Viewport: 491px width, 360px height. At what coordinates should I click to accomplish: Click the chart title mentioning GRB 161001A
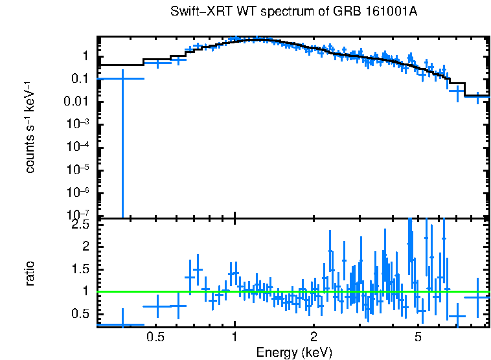(x=293, y=12)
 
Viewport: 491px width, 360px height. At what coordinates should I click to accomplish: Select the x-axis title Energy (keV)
(x=293, y=352)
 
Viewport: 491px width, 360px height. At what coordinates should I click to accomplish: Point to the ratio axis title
(x=30, y=274)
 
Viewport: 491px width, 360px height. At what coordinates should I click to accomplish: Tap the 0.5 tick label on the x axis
(x=154, y=337)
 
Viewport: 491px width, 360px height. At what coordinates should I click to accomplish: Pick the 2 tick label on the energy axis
(x=314, y=337)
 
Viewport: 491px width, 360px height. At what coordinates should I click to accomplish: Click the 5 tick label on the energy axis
(x=418, y=337)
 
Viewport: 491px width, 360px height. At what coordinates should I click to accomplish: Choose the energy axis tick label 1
(x=234, y=337)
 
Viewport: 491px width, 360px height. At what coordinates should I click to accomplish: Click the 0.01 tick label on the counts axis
(x=78, y=102)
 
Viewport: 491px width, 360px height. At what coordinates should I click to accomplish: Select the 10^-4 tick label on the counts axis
(x=78, y=147)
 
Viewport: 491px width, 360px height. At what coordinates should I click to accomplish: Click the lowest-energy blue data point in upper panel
(x=122, y=78)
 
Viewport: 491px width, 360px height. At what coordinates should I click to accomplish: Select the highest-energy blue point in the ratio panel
(x=477, y=297)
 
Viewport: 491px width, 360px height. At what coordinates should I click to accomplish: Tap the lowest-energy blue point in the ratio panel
(x=122, y=324)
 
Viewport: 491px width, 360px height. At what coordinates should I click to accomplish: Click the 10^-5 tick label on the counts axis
(x=78, y=170)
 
